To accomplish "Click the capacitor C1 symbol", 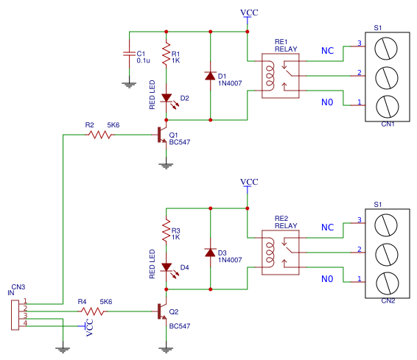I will [130, 54].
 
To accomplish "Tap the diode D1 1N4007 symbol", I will [211, 75].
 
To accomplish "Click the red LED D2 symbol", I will [166, 97].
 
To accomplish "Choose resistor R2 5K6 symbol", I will [101, 135].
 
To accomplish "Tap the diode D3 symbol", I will [211, 253].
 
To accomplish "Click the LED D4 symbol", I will [166, 267].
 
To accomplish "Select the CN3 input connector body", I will [15, 312].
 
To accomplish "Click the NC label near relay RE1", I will [327, 51].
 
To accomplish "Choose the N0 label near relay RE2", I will [327, 279].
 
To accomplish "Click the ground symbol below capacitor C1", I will [130, 84].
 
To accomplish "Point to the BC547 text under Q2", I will [180, 325].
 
